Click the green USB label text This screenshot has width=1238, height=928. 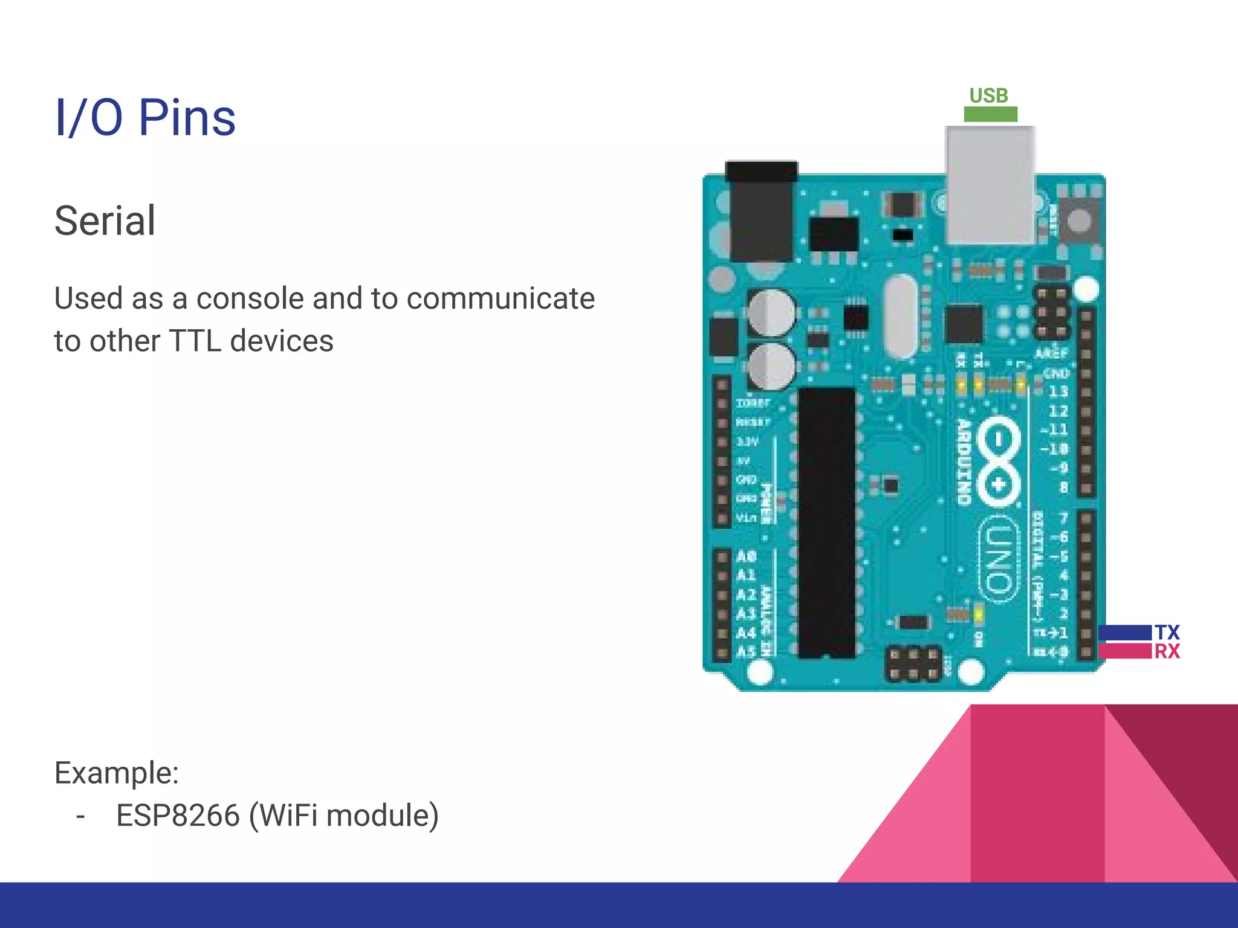(989, 95)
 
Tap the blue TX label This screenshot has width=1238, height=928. (1167, 632)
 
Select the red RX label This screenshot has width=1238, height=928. (1167, 651)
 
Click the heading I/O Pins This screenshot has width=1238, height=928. (145, 117)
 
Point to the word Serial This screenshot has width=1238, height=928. (105, 221)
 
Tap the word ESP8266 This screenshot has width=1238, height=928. (178, 815)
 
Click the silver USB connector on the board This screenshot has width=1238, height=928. (990, 184)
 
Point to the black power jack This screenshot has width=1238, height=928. (761, 211)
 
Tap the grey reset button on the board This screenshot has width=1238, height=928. (1079, 220)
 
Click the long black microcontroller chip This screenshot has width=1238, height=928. (826, 523)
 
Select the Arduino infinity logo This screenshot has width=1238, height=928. (999, 462)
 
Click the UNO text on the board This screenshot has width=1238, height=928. (999, 559)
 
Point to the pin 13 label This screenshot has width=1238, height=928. (1058, 391)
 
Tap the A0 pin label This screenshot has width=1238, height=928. (747, 556)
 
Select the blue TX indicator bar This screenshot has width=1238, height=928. (1125, 632)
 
